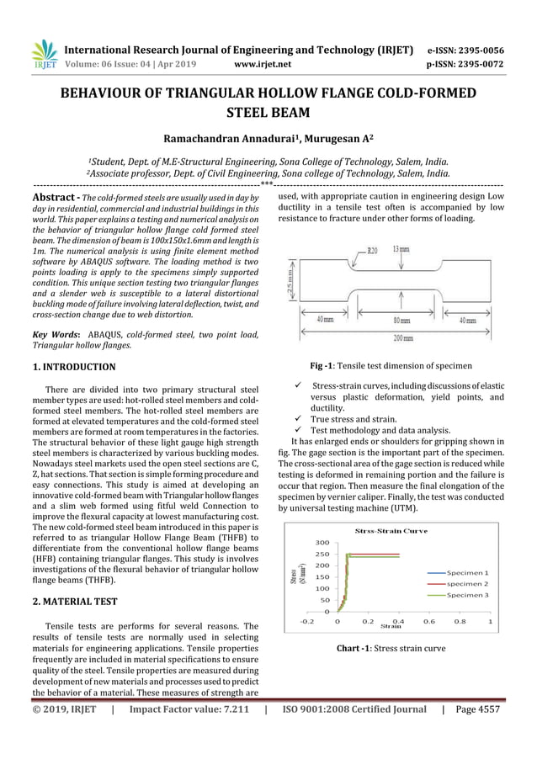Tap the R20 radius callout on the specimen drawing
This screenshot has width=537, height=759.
[373, 251]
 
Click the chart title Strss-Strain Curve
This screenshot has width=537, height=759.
[391, 531]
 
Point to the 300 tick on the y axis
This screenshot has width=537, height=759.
[323, 543]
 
